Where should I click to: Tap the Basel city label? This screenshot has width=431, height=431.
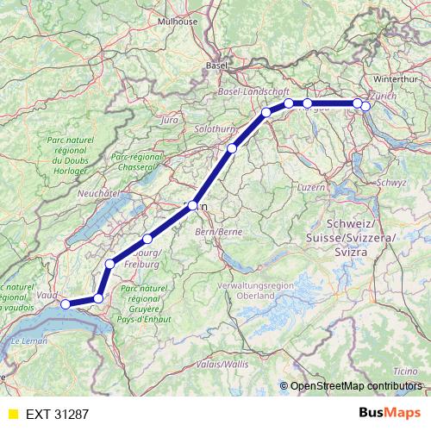pos(215,65)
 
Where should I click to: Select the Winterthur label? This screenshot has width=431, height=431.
pos(397,78)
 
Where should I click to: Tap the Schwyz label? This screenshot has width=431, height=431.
pos(391,183)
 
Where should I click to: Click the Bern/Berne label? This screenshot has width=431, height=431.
pos(219,232)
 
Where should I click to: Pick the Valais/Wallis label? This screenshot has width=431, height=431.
pos(224,365)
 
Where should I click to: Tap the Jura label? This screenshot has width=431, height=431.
pos(169,120)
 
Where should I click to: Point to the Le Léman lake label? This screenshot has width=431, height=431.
pos(28,342)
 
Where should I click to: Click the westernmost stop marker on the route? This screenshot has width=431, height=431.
pos(66,303)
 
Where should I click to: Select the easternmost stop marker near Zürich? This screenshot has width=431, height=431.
pos(365,106)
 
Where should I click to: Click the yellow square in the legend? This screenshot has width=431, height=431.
pos(12,415)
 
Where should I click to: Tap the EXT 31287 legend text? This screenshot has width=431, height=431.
pos(59,415)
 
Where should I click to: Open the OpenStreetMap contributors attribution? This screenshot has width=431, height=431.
pos(356,386)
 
